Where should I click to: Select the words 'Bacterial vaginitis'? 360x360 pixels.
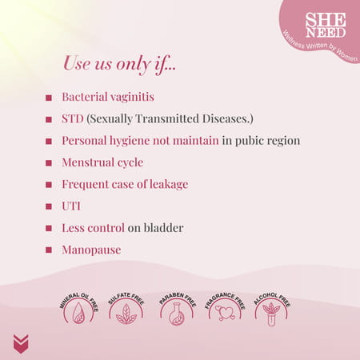[108, 97]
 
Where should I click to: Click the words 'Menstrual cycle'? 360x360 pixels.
[102, 162]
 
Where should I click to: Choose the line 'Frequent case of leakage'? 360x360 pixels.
[125, 184]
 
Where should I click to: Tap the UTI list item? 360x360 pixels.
[71, 206]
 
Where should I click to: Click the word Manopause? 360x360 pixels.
[91, 250]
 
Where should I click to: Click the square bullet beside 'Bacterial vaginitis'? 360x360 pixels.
[50, 98]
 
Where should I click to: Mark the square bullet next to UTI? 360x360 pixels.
[50, 206]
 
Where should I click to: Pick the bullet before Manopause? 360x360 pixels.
[50, 250]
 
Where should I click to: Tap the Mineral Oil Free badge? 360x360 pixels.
[78, 309]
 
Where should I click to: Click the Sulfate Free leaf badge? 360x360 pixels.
[127, 309]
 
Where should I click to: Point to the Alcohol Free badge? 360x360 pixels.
[273, 309]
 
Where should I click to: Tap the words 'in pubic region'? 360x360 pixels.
[262, 141]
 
